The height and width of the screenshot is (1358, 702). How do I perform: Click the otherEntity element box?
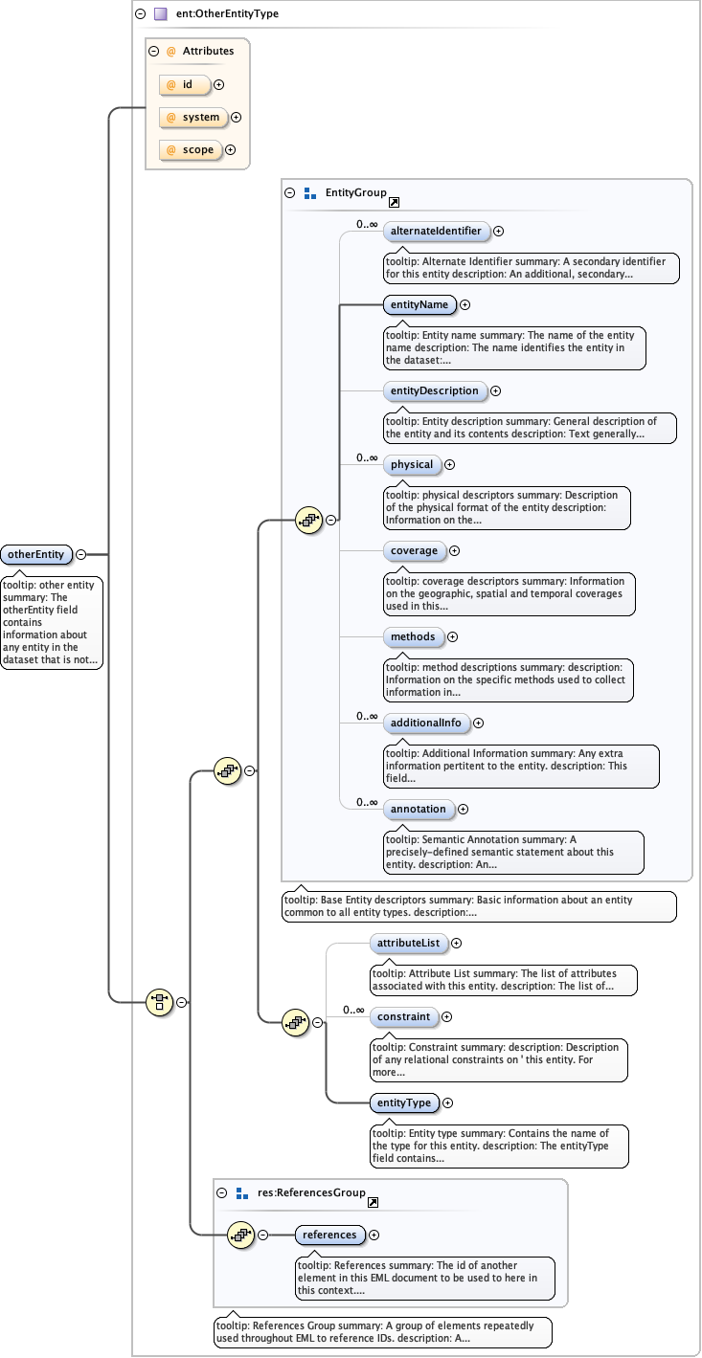[x=37, y=554]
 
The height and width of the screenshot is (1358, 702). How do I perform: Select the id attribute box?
[x=186, y=84]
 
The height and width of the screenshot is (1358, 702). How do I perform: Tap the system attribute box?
[x=193, y=117]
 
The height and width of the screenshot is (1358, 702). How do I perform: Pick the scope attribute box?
[x=191, y=149]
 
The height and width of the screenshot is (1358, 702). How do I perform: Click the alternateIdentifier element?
[x=436, y=231]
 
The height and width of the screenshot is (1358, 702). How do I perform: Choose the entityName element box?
[x=419, y=304]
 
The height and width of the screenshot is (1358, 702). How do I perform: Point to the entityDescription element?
[x=434, y=390]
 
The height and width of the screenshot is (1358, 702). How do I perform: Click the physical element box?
[x=412, y=464]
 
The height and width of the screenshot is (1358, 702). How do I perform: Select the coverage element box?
[x=414, y=550]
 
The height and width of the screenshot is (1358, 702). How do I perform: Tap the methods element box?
[x=413, y=636]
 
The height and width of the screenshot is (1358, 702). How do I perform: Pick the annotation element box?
[x=419, y=809]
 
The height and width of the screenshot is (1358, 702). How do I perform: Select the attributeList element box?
[x=408, y=943]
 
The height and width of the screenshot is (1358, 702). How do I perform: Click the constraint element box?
[x=403, y=1016]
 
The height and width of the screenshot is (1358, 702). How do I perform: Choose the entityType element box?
[x=404, y=1102]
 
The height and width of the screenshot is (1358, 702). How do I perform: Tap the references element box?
[x=329, y=1235]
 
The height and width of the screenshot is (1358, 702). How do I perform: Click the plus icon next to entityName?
[x=465, y=304]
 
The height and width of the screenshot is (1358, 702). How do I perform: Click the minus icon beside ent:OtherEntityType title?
[x=141, y=14]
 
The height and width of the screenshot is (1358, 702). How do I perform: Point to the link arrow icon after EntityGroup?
[x=394, y=202]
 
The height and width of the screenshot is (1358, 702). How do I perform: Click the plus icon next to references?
[x=374, y=1235]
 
